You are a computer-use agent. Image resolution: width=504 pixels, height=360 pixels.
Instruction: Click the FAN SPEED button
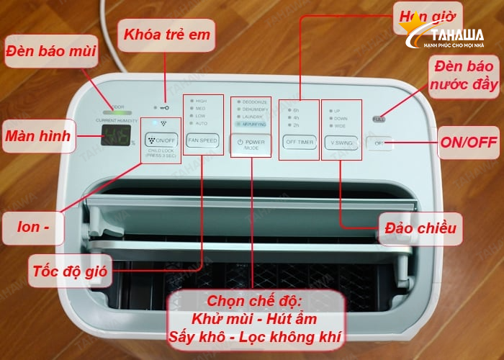(x=202, y=140)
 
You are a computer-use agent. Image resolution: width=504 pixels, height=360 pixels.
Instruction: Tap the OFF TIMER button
(x=299, y=140)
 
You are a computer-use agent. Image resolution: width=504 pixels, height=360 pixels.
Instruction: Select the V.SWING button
(x=341, y=140)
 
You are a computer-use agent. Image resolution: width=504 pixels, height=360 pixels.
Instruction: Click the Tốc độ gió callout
(x=68, y=272)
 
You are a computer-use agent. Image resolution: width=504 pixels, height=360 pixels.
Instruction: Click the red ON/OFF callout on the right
(x=468, y=142)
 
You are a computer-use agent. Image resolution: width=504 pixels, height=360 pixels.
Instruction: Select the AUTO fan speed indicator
(x=199, y=124)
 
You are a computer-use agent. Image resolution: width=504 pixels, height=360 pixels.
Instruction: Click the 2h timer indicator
(x=295, y=125)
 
